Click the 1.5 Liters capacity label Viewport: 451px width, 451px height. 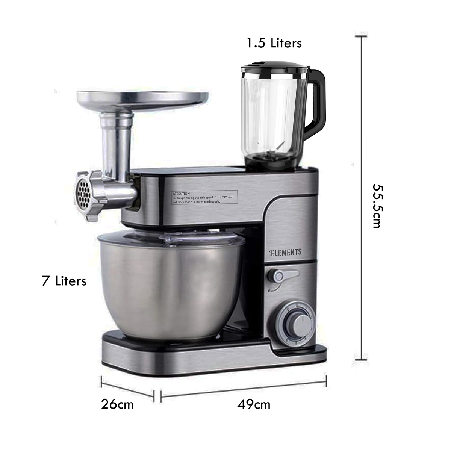[274, 43]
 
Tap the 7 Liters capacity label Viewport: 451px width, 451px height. [64, 281]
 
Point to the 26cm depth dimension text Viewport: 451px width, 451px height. [117, 404]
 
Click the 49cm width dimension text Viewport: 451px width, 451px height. [254, 404]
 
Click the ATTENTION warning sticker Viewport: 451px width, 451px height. [202, 197]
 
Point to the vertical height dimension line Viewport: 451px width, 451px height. [362, 197]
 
